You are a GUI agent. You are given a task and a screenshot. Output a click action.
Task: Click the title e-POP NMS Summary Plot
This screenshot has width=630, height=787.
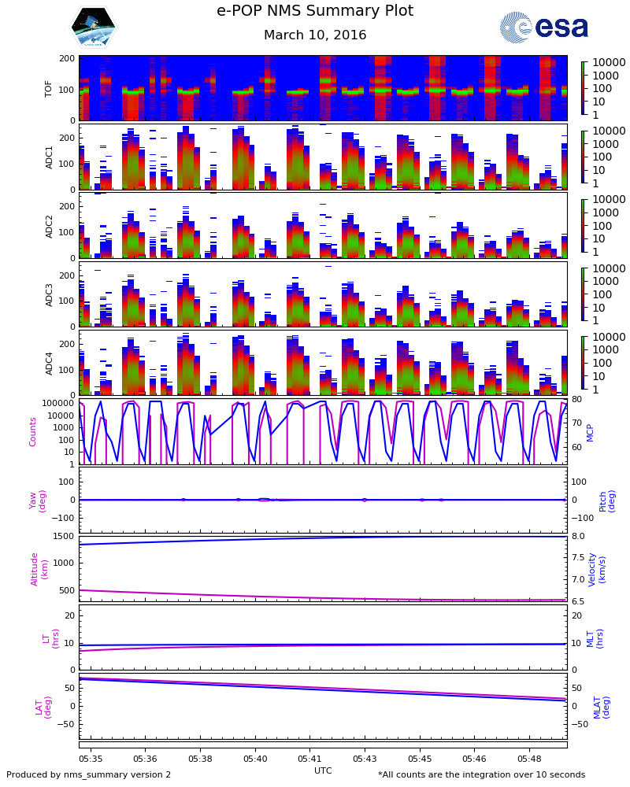pos(315,12)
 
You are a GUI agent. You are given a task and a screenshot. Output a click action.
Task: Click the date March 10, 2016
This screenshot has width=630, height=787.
pos(315,35)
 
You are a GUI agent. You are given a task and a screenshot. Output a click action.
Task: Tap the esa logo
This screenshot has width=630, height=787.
pos(544,27)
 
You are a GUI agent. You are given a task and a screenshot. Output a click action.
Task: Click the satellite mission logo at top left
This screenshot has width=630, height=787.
pos(93,27)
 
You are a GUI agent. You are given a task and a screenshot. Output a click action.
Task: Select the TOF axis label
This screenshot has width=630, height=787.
pos(49,88)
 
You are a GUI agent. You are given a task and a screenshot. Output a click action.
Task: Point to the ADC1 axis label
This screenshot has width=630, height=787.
pos(49,157)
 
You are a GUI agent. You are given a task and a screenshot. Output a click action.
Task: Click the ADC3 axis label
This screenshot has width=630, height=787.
pos(49,294)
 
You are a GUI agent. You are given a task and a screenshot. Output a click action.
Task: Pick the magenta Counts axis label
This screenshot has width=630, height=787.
pos(33,431)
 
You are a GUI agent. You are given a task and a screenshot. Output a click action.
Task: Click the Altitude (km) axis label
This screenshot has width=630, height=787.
pos(39,568)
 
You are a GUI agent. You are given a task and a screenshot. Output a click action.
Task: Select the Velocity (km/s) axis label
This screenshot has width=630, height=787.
pos(597,568)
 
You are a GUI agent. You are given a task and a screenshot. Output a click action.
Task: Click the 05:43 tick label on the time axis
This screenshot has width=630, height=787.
pos(365,759)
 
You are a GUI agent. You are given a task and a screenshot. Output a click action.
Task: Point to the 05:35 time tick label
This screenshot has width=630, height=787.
pos(91,759)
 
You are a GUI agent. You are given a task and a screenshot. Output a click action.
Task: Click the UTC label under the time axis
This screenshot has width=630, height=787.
pos(323,770)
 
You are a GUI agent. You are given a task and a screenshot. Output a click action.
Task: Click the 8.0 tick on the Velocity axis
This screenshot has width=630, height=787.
pos(578,537)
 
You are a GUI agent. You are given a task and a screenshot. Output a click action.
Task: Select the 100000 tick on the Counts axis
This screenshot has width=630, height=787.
pos(59,403)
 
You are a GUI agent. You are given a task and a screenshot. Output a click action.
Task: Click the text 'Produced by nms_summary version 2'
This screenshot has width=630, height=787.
pos(89,775)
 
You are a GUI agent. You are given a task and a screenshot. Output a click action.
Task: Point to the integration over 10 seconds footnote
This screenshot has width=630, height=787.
pos(481,775)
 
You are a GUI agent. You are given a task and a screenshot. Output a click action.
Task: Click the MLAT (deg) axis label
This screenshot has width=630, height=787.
pos(601,707)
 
